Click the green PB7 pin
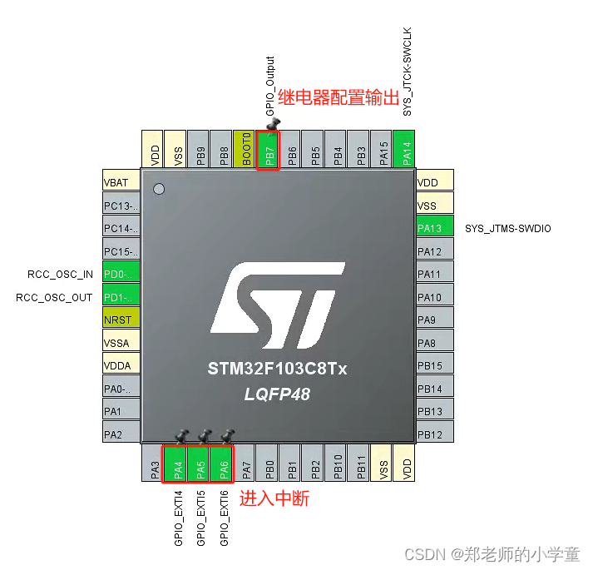(x=269, y=150)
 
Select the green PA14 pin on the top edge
(x=405, y=150)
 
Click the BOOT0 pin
(x=245, y=150)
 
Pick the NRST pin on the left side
(x=120, y=320)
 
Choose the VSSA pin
(x=120, y=342)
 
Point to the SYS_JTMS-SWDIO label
(x=507, y=228)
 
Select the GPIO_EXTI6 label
(x=224, y=518)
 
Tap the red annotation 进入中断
(x=274, y=500)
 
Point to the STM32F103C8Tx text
(x=277, y=369)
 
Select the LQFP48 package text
(x=277, y=394)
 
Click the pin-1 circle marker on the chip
(x=159, y=189)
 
